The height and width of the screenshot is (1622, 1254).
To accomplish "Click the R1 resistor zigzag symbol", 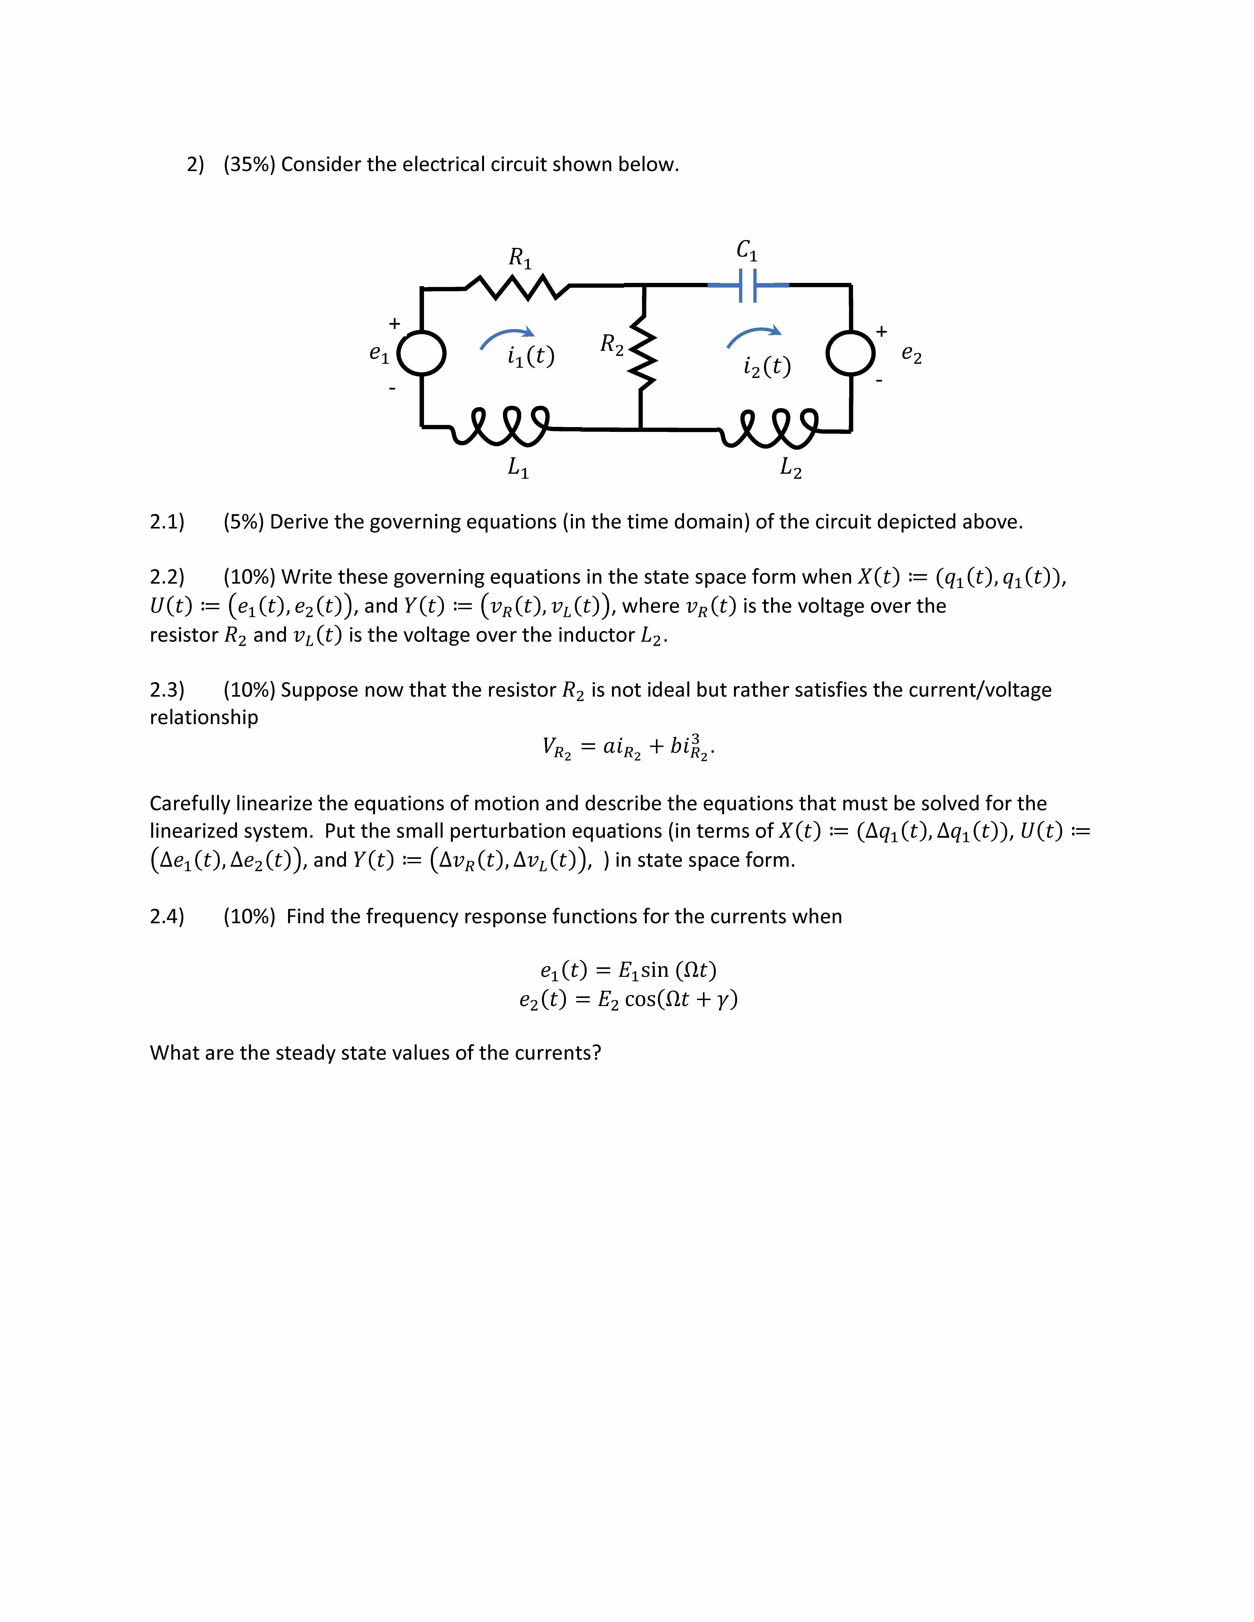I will pyautogui.click(x=517, y=287).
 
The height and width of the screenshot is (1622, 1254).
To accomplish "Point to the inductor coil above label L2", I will pyautogui.click(x=770, y=427).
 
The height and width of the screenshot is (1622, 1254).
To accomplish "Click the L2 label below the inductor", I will pyautogui.click(x=791, y=468).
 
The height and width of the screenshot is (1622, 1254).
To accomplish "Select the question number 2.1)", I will pyautogui.click(x=167, y=522).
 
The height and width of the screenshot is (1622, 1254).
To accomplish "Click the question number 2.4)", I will pyautogui.click(x=167, y=916).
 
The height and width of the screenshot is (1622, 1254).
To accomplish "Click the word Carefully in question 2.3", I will pyautogui.click(x=189, y=804).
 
